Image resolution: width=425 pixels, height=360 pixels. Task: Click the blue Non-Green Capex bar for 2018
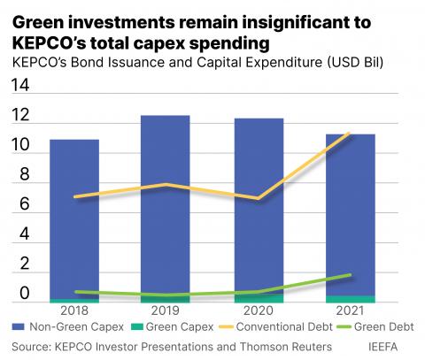(74, 219)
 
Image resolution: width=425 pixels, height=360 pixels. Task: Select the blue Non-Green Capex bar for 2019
(166, 205)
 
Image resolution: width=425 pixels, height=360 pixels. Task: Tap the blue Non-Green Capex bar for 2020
(259, 206)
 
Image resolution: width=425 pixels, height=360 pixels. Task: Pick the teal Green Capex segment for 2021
(351, 299)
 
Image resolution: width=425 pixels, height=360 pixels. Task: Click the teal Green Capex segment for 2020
(259, 298)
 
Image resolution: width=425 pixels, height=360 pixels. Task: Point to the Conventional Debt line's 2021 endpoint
(349, 134)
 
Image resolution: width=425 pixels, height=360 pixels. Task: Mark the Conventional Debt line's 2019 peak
(166, 185)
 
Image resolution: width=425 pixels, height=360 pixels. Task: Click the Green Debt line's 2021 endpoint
(350, 275)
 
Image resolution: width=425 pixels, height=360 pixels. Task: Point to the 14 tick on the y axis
(20, 85)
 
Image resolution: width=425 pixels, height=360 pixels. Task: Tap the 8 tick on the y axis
(25, 174)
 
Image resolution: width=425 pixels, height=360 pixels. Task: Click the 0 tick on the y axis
(25, 293)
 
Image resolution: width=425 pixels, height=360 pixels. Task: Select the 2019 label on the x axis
(166, 310)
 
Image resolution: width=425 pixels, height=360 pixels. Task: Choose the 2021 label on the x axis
(350, 310)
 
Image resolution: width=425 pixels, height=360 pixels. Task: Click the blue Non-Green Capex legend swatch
(18, 326)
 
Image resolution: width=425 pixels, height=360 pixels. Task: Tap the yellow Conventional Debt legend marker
(226, 326)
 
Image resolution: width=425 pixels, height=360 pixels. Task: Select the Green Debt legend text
(383, 326)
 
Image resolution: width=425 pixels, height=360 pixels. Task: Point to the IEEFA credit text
(382, 347)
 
